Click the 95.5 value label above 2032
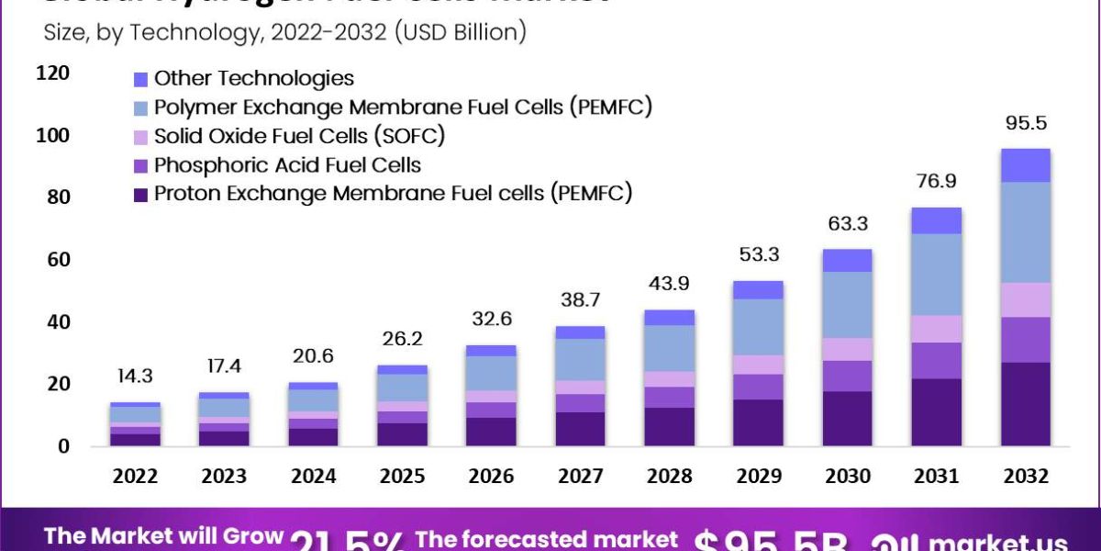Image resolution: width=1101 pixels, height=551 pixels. [x=1026, y=124]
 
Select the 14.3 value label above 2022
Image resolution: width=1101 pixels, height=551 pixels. [x=136, y=377]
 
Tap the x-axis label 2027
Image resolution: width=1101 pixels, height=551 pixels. [x=581, y=477]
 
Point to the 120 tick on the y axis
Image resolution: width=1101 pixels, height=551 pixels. [x=52, y=73]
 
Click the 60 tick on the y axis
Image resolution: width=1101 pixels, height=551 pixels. [x=57, y=260]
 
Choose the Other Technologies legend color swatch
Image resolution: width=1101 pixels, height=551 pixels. [x=140, y=79]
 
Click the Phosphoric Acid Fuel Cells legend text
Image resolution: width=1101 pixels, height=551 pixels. [x=287, y=165]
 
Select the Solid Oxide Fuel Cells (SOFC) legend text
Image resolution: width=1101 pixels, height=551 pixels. [x=299, y=137]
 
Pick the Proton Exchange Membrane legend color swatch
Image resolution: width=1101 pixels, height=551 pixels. [x=140, y=194]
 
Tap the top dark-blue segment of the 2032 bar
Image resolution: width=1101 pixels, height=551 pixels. [x=1025, y=165]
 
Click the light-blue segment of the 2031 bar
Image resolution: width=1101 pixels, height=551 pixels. [x=936, y=275]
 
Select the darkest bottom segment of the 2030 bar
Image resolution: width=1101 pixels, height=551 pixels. [x=847, y=419]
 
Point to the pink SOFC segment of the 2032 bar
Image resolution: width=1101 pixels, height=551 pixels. [x=1025, y=299]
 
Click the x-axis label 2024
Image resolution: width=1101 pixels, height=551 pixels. [x=314, y=477]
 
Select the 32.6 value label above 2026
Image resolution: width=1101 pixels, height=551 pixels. [x=492, y=320]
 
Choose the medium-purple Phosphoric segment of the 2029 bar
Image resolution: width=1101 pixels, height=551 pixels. [x=758, y=387]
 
